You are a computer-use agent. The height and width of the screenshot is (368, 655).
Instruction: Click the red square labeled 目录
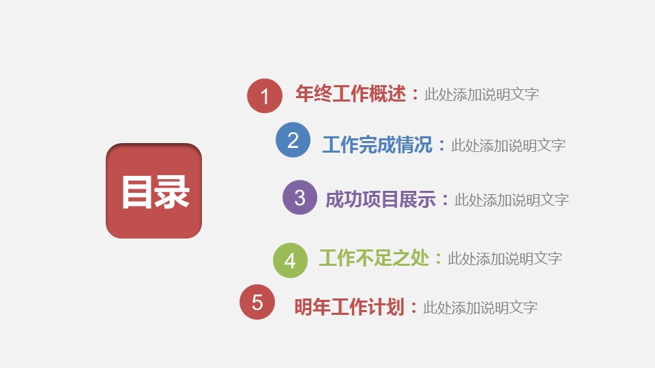click(154, 191)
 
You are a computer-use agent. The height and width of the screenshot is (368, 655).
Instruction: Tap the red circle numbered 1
click(265, 95)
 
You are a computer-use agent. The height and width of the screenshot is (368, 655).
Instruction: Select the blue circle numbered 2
click(293, 140)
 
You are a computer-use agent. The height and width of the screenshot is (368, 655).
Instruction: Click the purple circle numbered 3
click(300, 198)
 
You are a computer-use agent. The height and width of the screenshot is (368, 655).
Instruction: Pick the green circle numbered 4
click(291, 260)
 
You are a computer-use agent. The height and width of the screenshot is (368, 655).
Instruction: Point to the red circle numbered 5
click(257, 302)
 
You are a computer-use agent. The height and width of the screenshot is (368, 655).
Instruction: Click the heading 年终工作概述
click(351, 93)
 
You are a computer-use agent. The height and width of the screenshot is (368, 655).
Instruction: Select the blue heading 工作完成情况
click(377, 144)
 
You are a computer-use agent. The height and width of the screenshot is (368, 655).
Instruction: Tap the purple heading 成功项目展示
click(381, 199)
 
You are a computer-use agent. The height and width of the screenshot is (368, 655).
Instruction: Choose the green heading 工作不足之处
click(375, 258)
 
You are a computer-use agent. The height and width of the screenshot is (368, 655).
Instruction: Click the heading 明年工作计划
click(349, 307)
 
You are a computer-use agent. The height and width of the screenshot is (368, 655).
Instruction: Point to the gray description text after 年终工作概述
click(482, 94)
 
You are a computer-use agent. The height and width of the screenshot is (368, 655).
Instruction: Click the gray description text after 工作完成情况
click(508, 146)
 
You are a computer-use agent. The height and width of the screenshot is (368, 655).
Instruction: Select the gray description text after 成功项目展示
click(512, 200)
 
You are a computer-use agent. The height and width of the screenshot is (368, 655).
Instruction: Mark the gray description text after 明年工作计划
click(480, 308)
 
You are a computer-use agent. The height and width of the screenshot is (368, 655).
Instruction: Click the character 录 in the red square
click(172, 192)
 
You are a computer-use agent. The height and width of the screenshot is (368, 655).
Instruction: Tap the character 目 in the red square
click(136, 192)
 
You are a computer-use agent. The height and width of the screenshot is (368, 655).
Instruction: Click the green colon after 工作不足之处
click(438, 258)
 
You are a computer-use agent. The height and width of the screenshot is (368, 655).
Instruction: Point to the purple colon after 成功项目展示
click(446, 199)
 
